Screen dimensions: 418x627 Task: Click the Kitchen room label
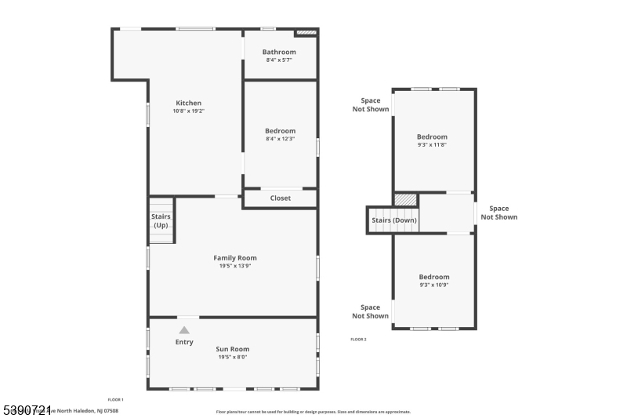[188, 103]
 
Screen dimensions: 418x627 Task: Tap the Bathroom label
[279, 52]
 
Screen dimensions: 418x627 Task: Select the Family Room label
[235, 257]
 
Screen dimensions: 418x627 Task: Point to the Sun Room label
[233, 349]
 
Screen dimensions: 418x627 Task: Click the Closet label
[280, 198]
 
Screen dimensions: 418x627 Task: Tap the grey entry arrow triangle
[184, 330]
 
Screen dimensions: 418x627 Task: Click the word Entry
[184, 342]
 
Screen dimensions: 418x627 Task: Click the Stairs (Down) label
[394, 220]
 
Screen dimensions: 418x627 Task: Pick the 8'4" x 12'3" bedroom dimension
[280, 140]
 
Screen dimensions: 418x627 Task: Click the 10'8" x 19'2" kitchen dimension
[188, 111]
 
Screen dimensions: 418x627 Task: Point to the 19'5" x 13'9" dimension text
[235, 266]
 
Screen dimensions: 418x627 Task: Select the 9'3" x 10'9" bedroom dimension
[433, 285]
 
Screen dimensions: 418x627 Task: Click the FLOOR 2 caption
[358, 340]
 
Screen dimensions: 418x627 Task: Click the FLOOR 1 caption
[115, 400]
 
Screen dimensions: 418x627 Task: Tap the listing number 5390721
[27, 409]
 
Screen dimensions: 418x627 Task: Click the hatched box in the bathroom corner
[306, 33]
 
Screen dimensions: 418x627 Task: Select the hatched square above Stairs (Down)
[405, 199]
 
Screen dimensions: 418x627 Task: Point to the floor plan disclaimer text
[313, 411]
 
